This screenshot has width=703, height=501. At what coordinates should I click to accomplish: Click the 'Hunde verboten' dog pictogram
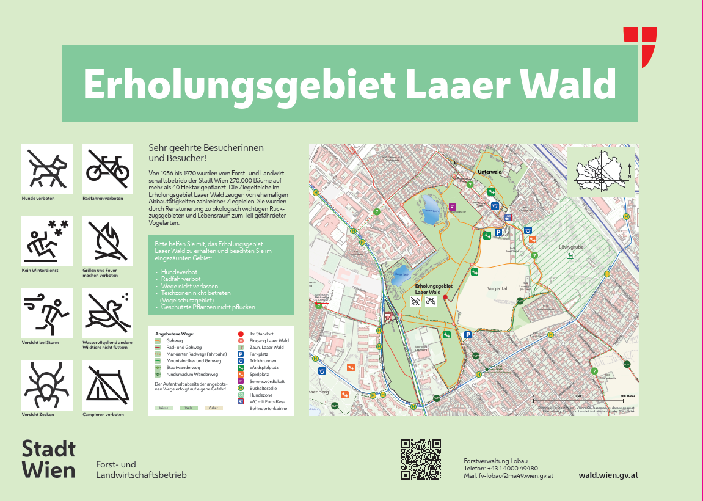47,169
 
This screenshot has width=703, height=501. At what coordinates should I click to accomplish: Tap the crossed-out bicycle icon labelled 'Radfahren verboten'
107,169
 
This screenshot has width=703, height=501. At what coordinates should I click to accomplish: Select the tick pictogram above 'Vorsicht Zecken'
47,385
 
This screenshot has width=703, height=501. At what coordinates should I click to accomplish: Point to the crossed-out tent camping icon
107,385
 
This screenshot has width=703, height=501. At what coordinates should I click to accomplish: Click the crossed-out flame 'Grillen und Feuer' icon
107,241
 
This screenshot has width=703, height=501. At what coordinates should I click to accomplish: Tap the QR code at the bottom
421,459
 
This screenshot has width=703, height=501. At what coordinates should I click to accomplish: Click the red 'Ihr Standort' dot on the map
445,298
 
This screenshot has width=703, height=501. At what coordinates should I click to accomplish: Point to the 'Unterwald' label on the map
489,172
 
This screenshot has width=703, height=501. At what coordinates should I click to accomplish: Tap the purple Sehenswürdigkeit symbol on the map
452,207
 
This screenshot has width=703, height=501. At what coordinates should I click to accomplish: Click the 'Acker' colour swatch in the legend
213,407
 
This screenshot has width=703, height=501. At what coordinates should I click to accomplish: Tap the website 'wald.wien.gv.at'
608,475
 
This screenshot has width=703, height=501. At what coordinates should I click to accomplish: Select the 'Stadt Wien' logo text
49,459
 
